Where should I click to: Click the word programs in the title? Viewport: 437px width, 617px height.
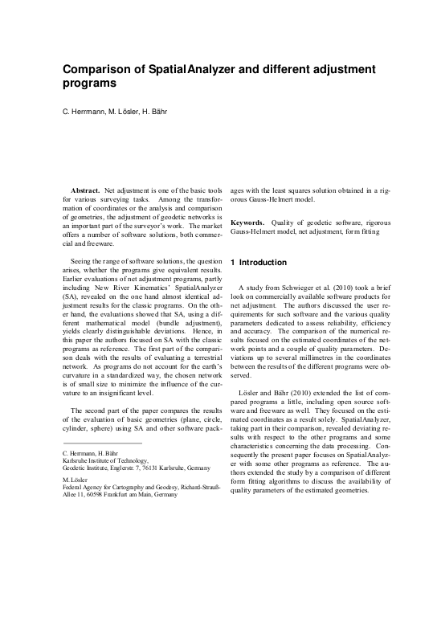click(88, 83)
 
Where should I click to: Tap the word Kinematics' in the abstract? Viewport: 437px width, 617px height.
click(148, 287)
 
